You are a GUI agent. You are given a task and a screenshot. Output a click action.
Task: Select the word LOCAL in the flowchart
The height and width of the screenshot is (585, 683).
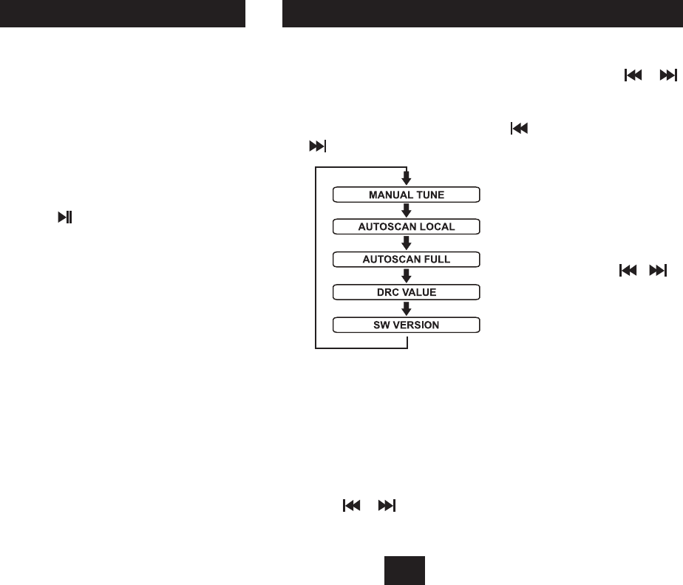click(x=438, y=227)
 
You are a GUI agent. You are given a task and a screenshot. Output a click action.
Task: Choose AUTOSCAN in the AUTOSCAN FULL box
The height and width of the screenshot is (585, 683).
click(x=390, y=260)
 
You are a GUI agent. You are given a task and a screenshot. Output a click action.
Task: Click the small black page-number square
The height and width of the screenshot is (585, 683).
click(x=404, y=569)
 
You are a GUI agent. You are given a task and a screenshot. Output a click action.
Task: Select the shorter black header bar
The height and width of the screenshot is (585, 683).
click(x=123, y=13)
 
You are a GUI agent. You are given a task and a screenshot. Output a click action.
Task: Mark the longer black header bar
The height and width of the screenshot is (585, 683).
click(x=483, y=13)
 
